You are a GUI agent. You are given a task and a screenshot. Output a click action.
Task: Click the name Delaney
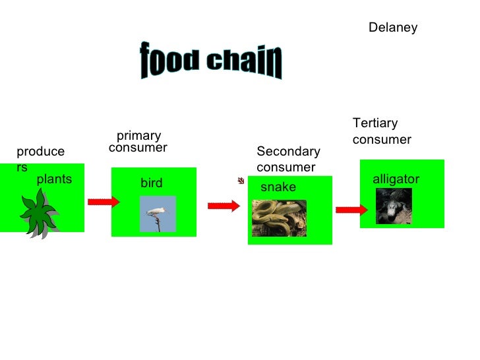tap(392, 28)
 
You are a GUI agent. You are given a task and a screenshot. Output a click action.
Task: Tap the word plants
tap(54, 179)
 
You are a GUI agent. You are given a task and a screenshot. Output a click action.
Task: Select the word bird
tap(151, 183)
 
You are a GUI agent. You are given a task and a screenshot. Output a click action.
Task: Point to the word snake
tap(278, 188)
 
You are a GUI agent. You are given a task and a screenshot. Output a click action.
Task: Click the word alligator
tap(396, 179)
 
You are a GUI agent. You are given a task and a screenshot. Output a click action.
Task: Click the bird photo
tap(158, 214)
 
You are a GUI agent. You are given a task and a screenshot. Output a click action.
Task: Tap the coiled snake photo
tap(279, 218)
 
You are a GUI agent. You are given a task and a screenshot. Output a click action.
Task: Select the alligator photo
tap(394, 206)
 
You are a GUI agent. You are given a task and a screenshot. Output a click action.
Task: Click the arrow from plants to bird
tap(104, 201)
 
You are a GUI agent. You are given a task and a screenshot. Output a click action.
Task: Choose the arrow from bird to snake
tap(224, 206)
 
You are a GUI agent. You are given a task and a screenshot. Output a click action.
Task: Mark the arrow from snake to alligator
tap(351, 210)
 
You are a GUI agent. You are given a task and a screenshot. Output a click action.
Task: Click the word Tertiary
tap(375, 123)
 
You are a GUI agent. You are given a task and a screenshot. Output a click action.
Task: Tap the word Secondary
tap(288, 152)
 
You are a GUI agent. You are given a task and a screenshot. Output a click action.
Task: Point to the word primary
tap(138, 136)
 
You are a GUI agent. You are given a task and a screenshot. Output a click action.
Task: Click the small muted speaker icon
tap(242, 181)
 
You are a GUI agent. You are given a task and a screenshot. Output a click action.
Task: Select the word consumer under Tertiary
tap(382, 140)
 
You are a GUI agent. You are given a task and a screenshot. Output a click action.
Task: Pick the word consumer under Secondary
tap(285, 167)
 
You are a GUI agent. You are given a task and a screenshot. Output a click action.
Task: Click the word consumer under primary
tap(138, 148)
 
